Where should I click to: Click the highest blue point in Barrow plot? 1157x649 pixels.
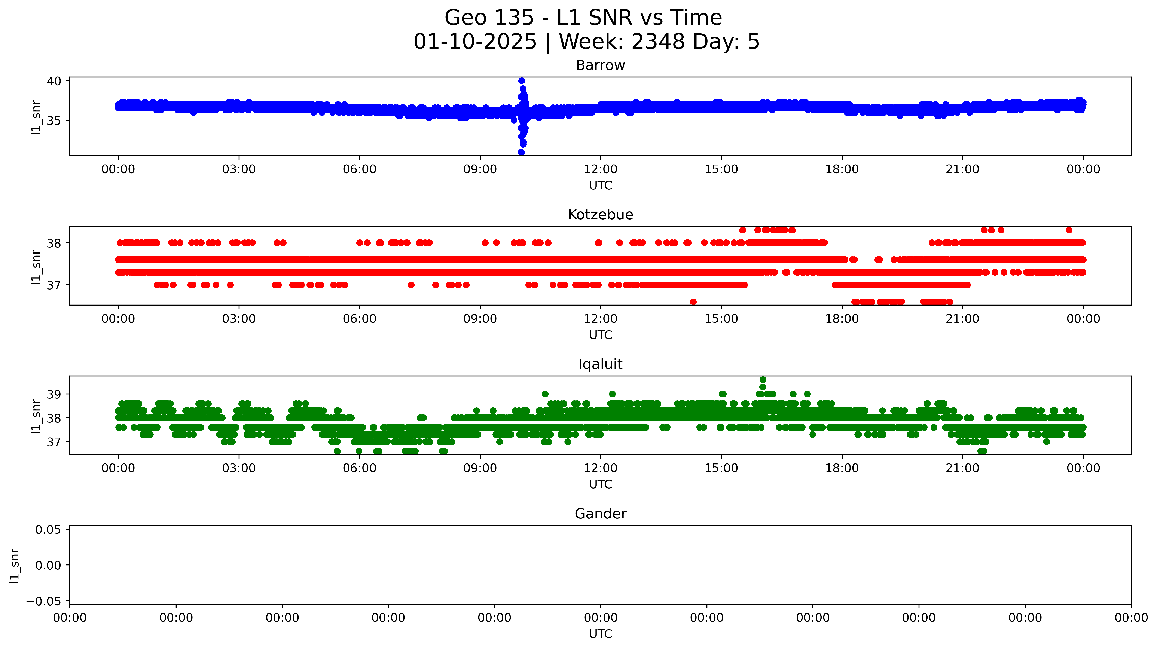(x=521, y=81)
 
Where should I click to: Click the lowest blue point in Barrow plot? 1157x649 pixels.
(x=521, y=152)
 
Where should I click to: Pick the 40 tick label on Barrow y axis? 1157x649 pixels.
(x=54, y=81)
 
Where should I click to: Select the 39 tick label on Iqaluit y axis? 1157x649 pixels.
(x=54, y=394)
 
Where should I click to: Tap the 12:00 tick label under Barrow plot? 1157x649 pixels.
(x=601, y=169)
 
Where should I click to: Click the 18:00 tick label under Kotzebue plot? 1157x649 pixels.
(x=842, y=319)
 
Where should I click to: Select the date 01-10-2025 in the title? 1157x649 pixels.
(x=475, y=42)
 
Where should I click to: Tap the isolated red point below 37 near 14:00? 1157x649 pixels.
(x=693, y=302)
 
